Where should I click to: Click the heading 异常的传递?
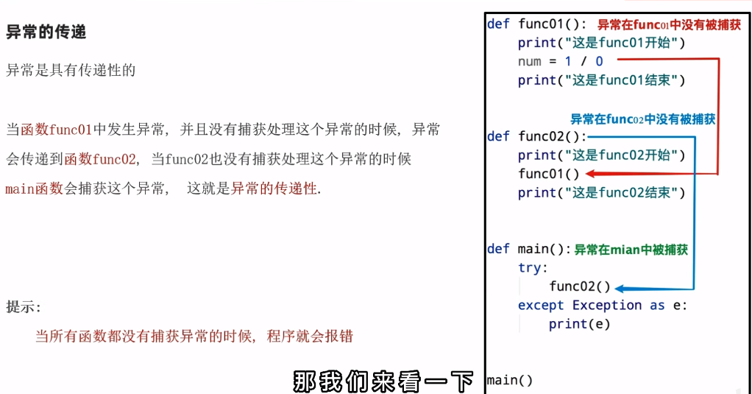tap(46, 32)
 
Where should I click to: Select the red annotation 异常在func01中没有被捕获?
tap(669, 25)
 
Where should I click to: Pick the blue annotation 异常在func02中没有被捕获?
tap(642, 119)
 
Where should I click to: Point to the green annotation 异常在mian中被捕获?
tap(631, 250)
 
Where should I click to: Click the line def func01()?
tap(536, 24)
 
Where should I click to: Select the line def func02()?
tap(536, 137)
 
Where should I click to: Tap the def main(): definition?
tap(529, 249)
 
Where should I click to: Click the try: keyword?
tap(533, 268)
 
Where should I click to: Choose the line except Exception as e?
tap(603, 306)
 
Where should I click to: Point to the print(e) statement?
tap(579, 324)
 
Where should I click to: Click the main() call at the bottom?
tap(510, 381)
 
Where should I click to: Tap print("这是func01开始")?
tap(601, 43)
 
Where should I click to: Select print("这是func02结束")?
tap(601, 193)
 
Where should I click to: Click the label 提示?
tap(24, 307)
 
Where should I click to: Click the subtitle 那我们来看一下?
tap(383, 382)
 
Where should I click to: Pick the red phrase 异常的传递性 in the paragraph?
tap(274, 189)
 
